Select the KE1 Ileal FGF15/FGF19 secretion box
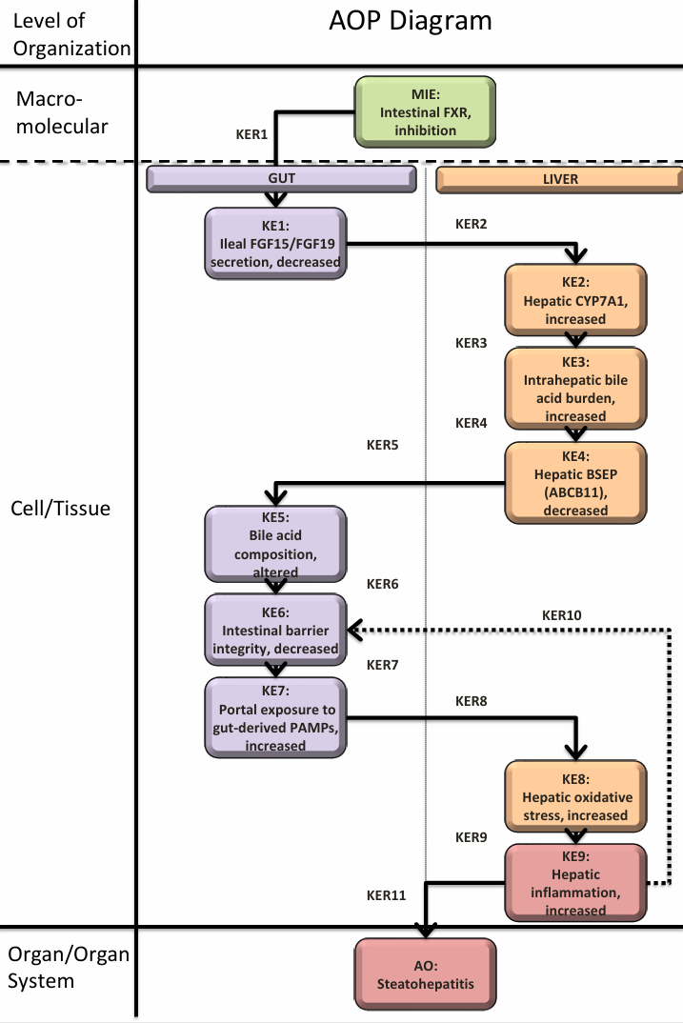pos(274,244)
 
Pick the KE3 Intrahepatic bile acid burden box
pos(575,385)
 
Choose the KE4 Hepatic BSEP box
pos(575,480)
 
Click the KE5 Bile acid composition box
pos(274,542)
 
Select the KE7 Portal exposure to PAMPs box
pos(274,716)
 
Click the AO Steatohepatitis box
pos(425,968)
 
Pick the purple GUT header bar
pos(281,178)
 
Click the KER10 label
pos(561,615)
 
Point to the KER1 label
pos(253,134)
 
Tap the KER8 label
pos(471,701)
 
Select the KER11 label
pos(386,895)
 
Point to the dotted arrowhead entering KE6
pos(353,629)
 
